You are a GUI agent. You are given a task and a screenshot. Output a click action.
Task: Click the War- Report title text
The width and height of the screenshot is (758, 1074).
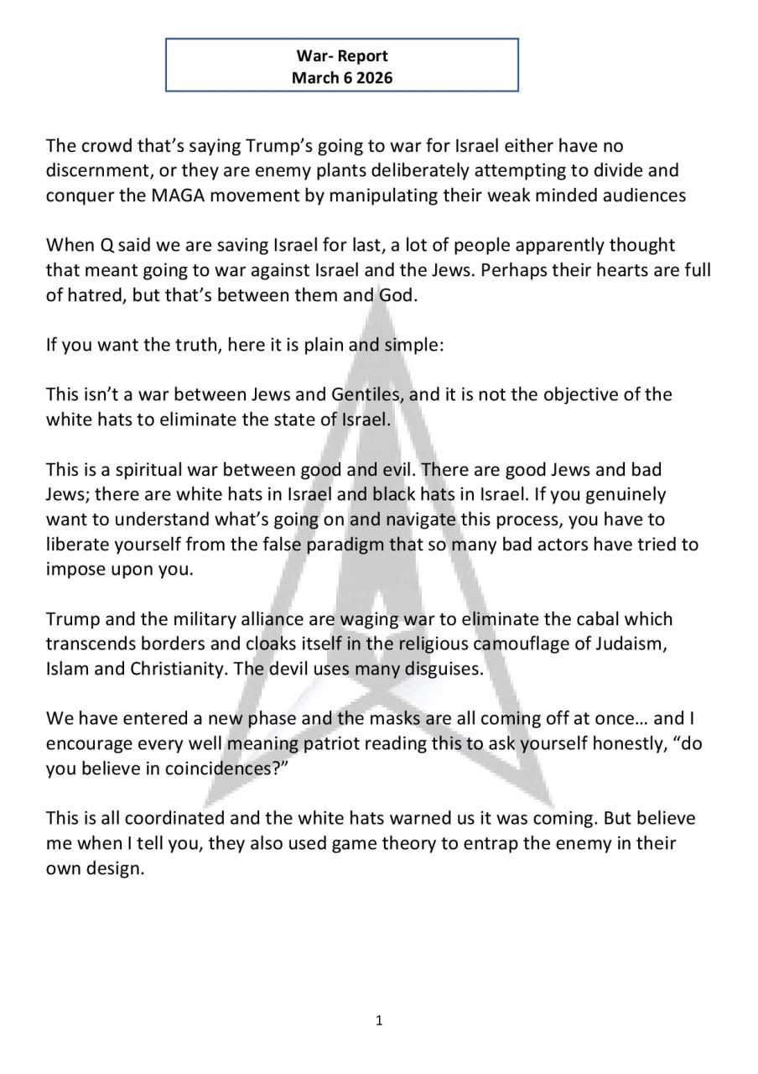pyautogui.click(x=342, y=56)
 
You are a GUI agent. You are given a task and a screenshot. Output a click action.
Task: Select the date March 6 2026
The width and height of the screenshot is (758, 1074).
pyautogui.click(x=342, y=77)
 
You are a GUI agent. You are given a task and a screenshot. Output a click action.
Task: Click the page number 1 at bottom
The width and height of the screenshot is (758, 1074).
pyautogui.click(x=379, y=1020)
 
